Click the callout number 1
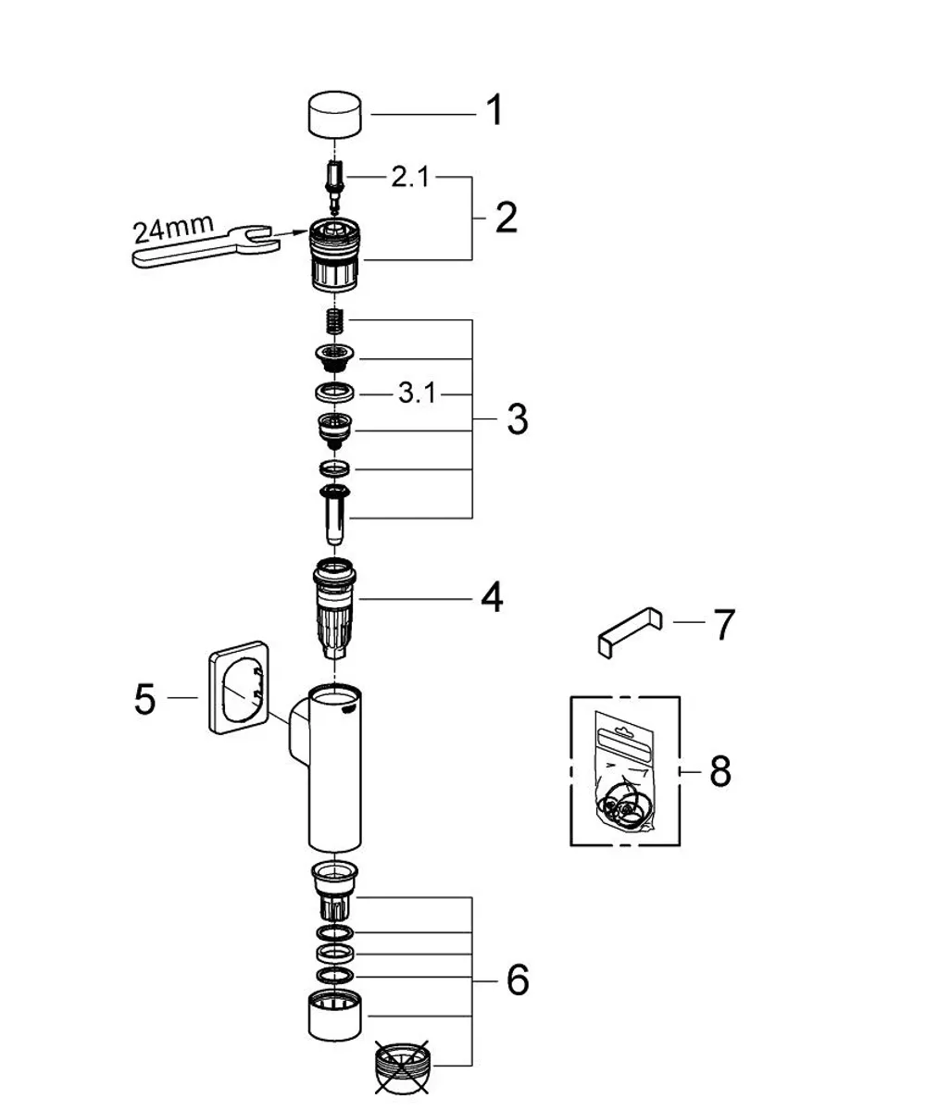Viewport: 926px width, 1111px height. coord(494,110)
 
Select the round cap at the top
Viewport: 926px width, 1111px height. coord(334,115)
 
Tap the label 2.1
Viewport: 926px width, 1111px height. coord(410,177)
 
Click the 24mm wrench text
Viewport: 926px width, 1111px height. coord(173,228)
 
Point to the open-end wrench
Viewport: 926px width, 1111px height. coord(205,245)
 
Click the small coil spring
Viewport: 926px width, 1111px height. coord(335,321)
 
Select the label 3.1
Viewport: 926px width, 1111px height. coord(417,393)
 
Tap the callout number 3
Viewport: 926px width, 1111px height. coord(517,419)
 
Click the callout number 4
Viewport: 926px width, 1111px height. coord(492,597)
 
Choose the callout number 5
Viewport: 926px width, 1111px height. coord(144,699)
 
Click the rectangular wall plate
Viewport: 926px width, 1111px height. coord(239,687)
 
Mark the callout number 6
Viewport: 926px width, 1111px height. coord(518,980)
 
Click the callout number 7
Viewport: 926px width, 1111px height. coord(724,625)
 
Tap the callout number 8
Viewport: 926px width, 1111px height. coord(720,771)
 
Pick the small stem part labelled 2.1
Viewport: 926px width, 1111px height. coord(334,186)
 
